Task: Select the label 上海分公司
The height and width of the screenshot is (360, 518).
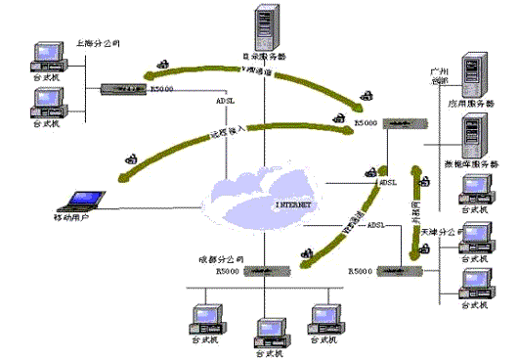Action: pos(98,44)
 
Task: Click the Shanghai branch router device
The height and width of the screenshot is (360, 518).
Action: pos(122,89)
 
